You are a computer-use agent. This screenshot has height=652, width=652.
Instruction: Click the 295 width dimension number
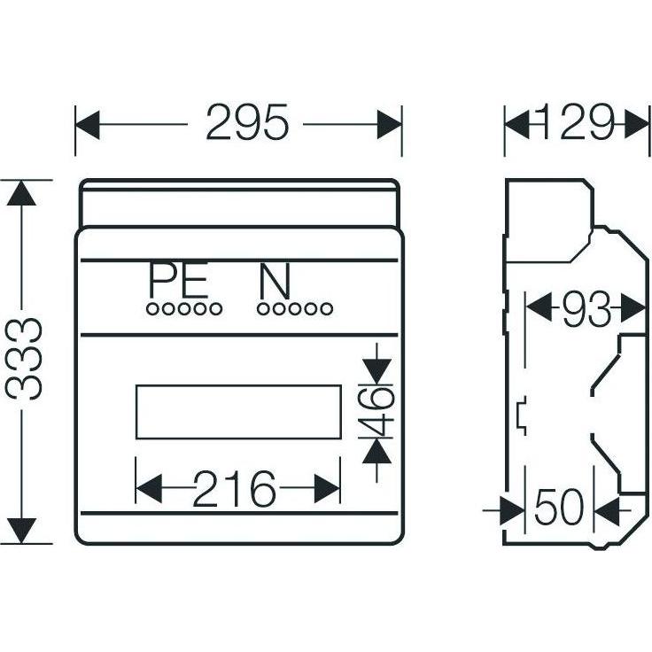(247, 122)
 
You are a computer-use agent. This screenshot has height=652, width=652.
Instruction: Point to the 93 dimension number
(586, 310)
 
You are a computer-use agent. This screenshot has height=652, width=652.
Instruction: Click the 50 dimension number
(559, 507)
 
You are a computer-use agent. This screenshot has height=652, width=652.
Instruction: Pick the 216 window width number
(234, 488)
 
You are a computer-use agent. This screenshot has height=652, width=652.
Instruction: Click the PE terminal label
(178, 282)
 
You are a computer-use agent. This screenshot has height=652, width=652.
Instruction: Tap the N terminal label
(275, 282)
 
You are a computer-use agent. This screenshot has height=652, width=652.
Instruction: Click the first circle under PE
(152, 309)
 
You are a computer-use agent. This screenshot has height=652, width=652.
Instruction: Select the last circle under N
(327, 309)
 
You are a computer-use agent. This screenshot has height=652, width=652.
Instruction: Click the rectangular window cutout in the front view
(238, 412)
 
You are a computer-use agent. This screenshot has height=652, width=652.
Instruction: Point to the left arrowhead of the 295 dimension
(88, 124)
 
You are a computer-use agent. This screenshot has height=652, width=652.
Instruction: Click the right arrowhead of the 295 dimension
(390, 124)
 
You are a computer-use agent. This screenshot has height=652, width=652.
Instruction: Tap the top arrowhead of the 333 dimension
(21, 193)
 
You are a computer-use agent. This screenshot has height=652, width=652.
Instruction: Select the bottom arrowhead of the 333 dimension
(21, 531)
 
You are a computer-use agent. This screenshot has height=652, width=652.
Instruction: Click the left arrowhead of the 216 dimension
(149, 489)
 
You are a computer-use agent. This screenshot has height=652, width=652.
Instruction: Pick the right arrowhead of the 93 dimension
(633, 308)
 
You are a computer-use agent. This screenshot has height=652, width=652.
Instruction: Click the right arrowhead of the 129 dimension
(637, 124)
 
